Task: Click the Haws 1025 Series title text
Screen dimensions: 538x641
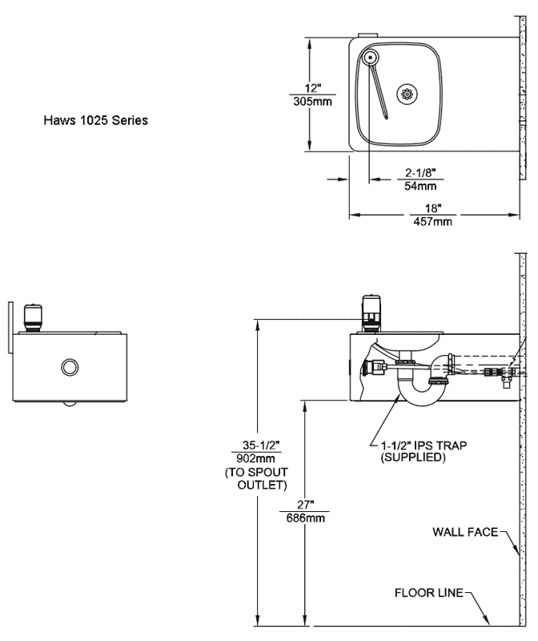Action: (x=95, y=120)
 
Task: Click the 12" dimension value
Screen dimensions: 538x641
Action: (x=313, y=88)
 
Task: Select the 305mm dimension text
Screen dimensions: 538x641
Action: (x=312, y=101)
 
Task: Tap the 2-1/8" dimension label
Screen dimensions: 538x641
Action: (x=420, y=173)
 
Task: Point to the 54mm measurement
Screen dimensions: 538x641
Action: (x=420, y=186)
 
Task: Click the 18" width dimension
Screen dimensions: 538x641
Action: (x=433, y=208)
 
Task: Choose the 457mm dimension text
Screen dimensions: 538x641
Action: (x=432, y=222)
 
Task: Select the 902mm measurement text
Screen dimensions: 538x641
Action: (x=255, y=458)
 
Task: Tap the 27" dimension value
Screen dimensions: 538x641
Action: (x=305, y=505)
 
